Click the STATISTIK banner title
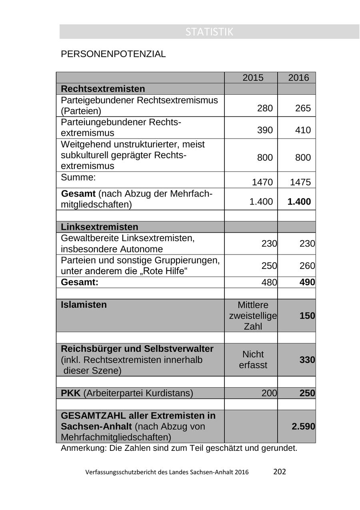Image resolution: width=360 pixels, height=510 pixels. (x=209, y=32)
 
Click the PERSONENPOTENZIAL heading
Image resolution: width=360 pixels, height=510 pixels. (x=113, y=54)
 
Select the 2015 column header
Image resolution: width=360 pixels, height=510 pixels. (x=253, y=78)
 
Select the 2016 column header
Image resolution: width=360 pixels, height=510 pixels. (x=298, y=78)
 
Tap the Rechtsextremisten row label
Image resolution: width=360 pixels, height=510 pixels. (x=103, y=89)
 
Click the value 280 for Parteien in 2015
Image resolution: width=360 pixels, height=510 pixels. (x=265, y=108)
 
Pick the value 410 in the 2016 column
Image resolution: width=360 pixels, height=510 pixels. (x=303, y=130)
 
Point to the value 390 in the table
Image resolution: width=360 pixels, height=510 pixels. (x=265, y=130)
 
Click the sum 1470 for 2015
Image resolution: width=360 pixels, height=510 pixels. (x=262, y=183)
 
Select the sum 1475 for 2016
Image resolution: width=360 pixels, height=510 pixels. (x=300, y=183)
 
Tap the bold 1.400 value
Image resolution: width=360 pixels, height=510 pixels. (x=299, y=202)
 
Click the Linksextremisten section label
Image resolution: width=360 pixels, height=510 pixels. (x=100, y=227)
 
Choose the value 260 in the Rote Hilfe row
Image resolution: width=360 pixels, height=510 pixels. (x=307, y=266)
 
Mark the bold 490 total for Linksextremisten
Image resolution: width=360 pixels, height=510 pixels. (x=307, y=282)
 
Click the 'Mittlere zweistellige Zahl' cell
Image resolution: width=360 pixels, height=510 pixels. (x=253, y=316)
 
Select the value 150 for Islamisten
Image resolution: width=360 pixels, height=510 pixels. (x=307, y=316)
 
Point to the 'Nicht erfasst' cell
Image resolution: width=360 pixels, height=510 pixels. (x=253, y=360)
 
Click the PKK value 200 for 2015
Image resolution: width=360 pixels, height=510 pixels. (x=269, y=393)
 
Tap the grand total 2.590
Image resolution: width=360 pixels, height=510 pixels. (x=303, y=426)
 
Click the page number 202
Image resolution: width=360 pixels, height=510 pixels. (x=280, y=472)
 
